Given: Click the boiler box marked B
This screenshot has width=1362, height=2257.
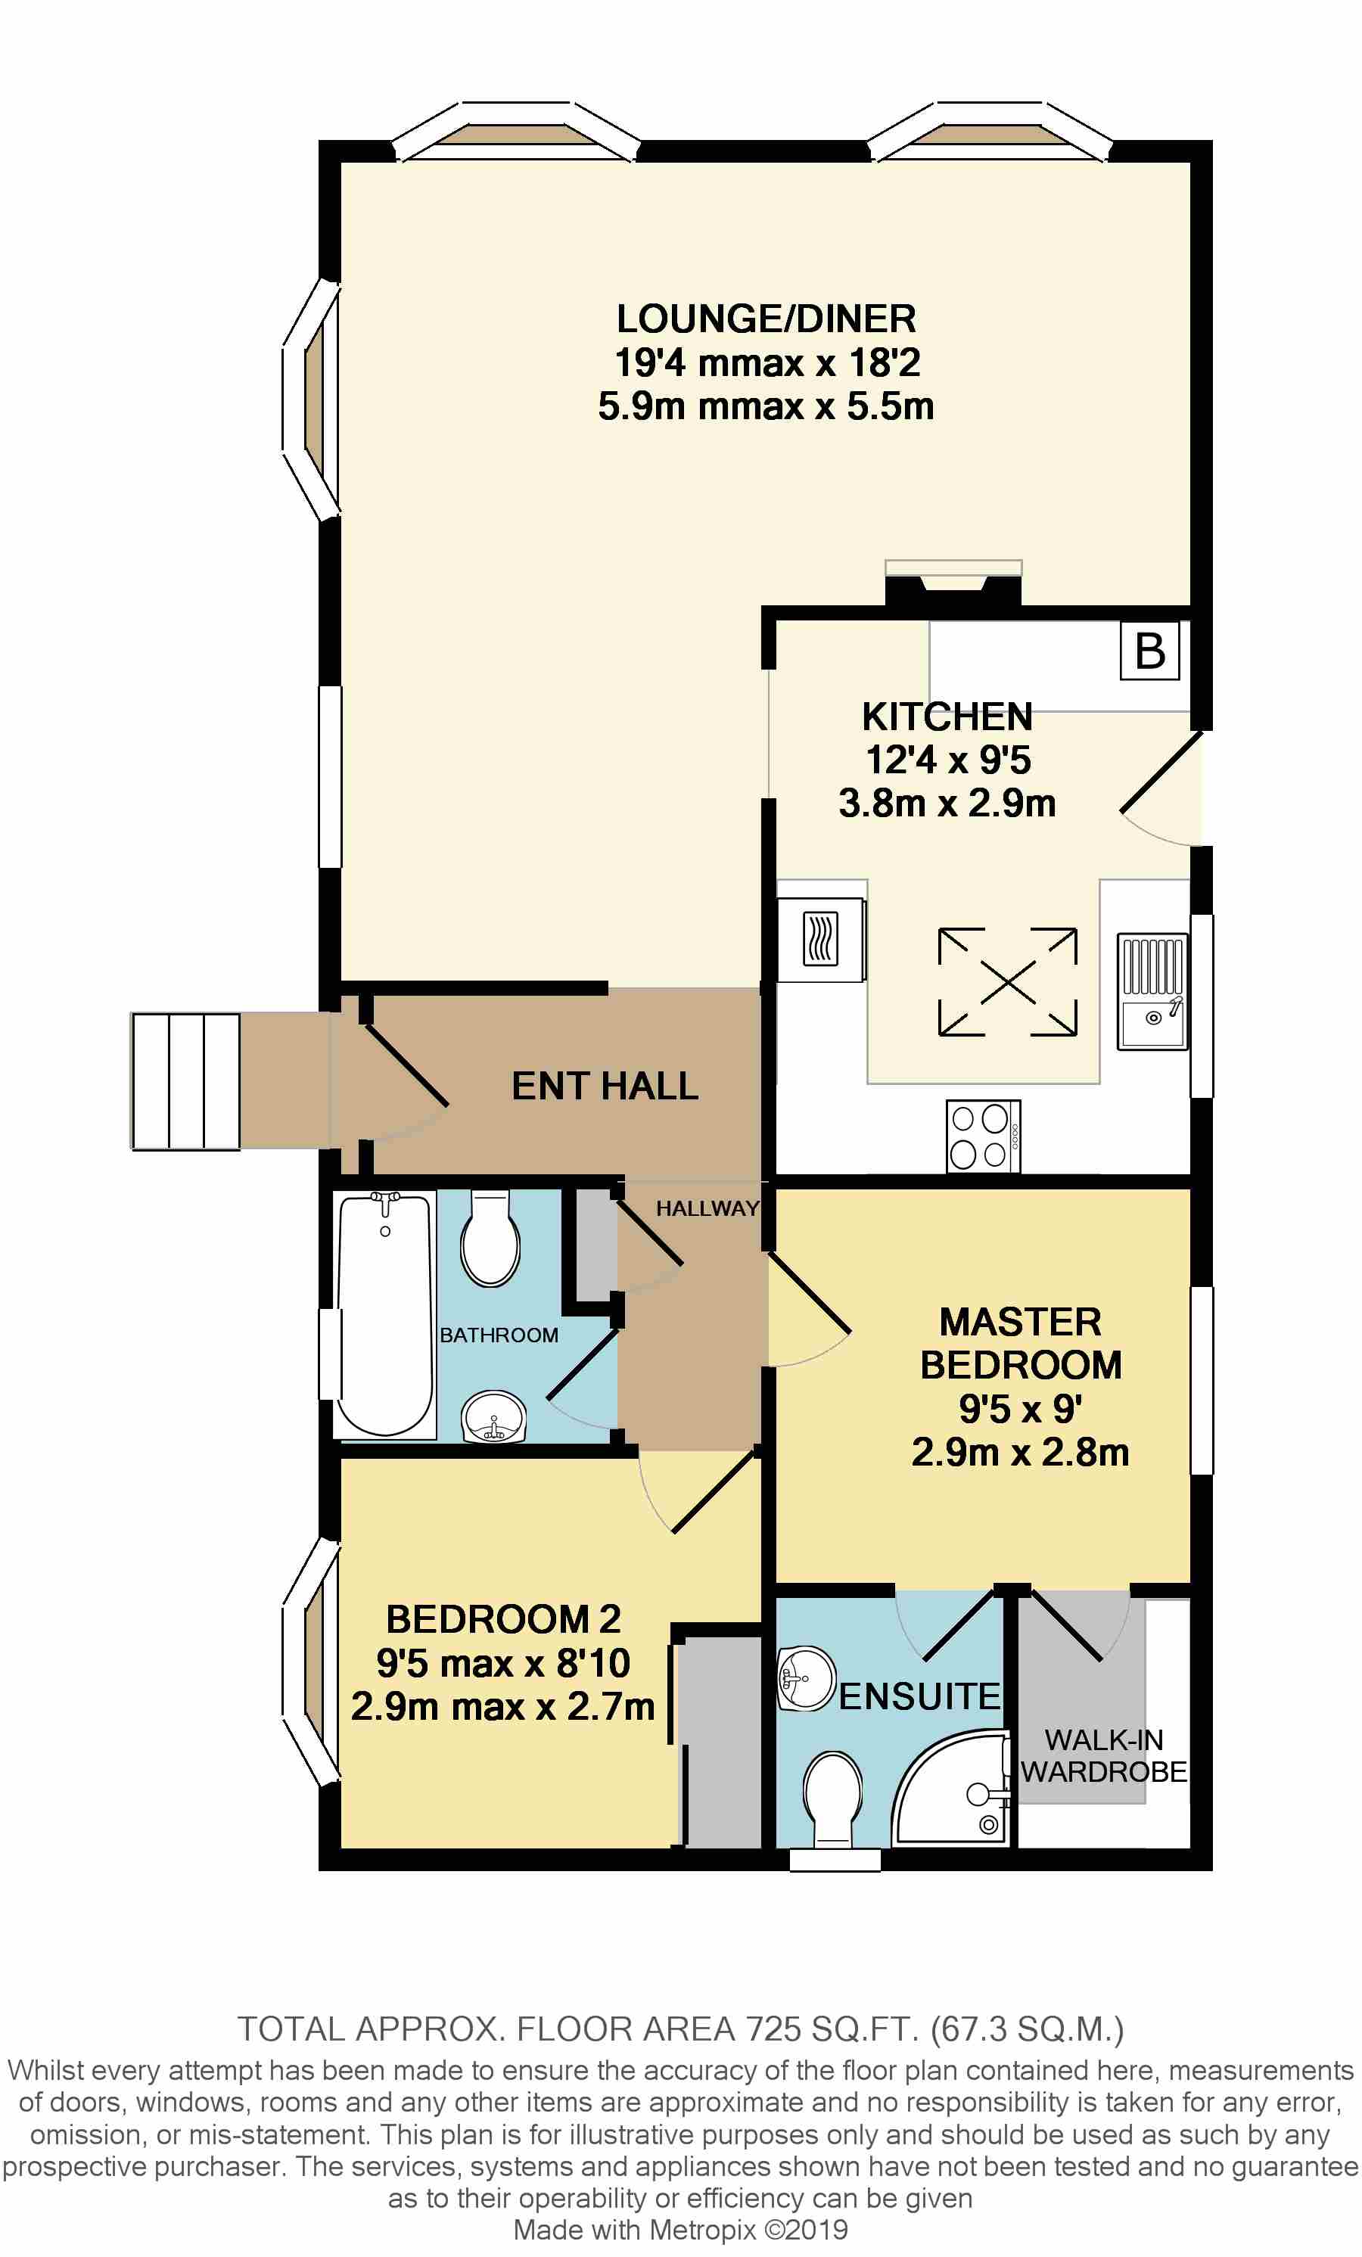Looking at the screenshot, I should click(1149, 651).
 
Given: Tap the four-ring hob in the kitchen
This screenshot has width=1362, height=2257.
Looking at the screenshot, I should click(983, 1136).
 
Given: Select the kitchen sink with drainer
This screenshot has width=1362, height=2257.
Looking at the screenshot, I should click(1152, 991).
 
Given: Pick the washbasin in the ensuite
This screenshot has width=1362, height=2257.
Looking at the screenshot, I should click(806, 1679).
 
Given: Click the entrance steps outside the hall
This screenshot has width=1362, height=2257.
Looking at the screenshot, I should click(186, 1081).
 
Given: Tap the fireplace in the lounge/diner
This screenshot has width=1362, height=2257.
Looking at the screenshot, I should click(953, 583).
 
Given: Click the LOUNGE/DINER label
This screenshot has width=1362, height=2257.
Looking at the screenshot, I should click(766, 319).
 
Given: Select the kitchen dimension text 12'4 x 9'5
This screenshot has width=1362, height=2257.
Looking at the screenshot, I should click(947, 760).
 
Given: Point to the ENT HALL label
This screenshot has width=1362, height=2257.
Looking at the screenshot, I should click(605, 1086).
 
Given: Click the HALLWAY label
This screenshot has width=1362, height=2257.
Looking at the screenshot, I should click(707, 1208).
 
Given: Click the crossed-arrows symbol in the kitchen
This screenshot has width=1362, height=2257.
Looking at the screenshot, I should click(1006, 982).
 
